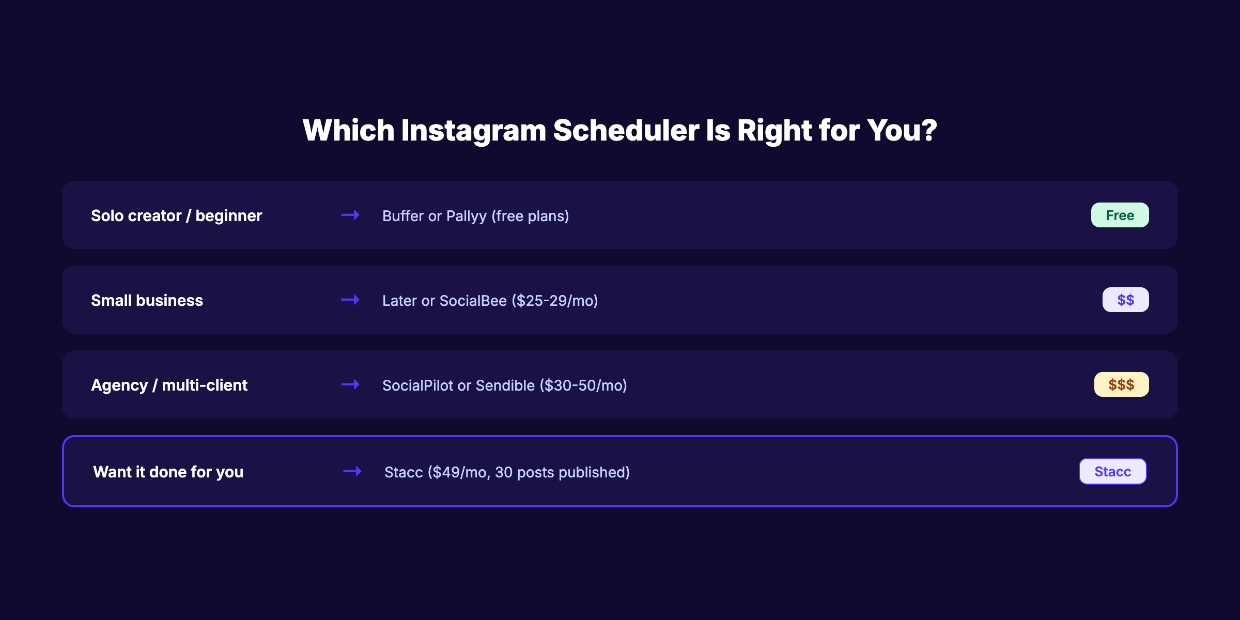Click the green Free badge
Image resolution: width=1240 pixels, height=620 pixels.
[1120, 215]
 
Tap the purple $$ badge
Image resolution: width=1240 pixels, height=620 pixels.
[1125, 300]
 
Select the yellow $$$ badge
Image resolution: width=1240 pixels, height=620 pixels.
[1121, 384]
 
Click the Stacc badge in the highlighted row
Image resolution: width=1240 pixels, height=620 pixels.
[1112, 471]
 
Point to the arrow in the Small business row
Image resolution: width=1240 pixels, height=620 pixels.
[350, 300]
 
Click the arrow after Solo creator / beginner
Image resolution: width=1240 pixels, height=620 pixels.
[350, 215]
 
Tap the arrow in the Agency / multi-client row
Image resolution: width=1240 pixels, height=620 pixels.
[350, 384]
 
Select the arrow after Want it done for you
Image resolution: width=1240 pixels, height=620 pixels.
[352, 471]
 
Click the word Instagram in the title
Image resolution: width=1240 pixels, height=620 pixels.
[473, 130]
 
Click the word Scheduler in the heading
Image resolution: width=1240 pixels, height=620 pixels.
[626, 130]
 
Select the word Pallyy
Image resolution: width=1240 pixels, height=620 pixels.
[466, 216]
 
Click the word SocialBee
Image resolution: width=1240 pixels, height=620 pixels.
[473, 301]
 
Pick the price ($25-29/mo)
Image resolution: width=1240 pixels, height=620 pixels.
[554, 301]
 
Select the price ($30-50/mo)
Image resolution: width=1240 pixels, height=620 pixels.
[583, 385]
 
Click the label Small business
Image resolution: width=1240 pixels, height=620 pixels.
[147, 301]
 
